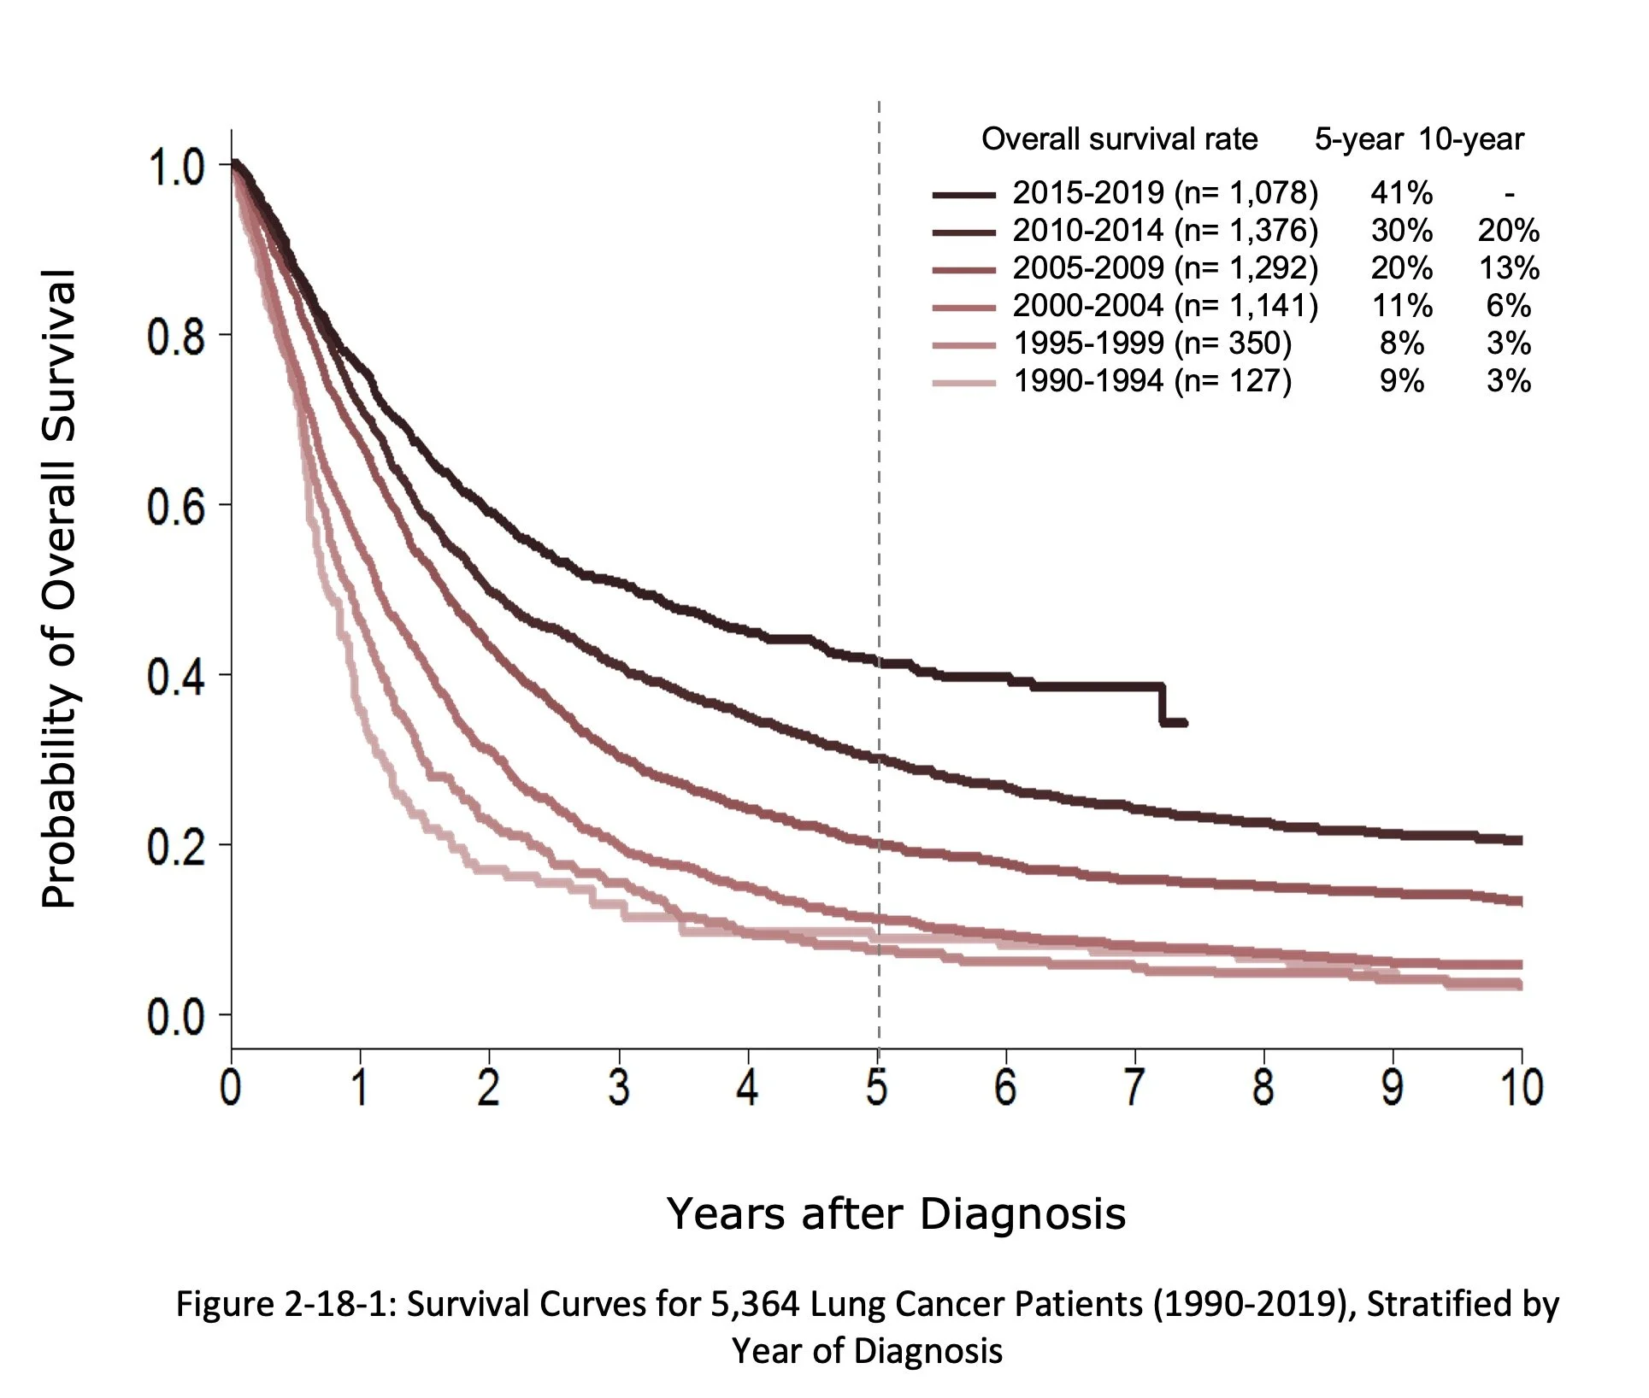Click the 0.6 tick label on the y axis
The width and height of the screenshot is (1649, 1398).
tap(175, 508)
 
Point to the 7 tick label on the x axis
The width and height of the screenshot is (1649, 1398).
tap(1134, 1088)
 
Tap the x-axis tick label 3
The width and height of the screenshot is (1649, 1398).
tap(619, 1088)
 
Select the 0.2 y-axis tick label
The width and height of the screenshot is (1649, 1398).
tap(175, 848)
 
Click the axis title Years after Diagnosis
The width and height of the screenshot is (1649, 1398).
tap(895, 1213)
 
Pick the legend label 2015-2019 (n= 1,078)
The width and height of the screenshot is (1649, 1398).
tap(1164, 193)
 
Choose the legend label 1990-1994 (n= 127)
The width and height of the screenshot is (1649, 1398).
tap(1151, 381)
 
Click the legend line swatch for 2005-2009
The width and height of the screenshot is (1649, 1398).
tap(963, 270)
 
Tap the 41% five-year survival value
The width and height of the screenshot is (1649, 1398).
tap(1401, 193)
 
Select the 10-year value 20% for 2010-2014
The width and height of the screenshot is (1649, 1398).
tap(1508, 231)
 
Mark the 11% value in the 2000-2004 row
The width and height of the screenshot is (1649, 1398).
tap(1401, 306)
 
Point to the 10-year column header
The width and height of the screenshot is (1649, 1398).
tap(1471, 139)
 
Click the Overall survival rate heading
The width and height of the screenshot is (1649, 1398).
tap(1119, 139)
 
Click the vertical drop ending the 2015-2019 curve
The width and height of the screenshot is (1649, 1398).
tap(1163, 705)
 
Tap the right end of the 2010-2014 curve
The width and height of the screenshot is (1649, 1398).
tap(1518, 840)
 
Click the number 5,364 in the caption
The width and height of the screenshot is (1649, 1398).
tap(753, 1304)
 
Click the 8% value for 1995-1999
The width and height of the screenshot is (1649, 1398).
tap(1401, 344)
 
